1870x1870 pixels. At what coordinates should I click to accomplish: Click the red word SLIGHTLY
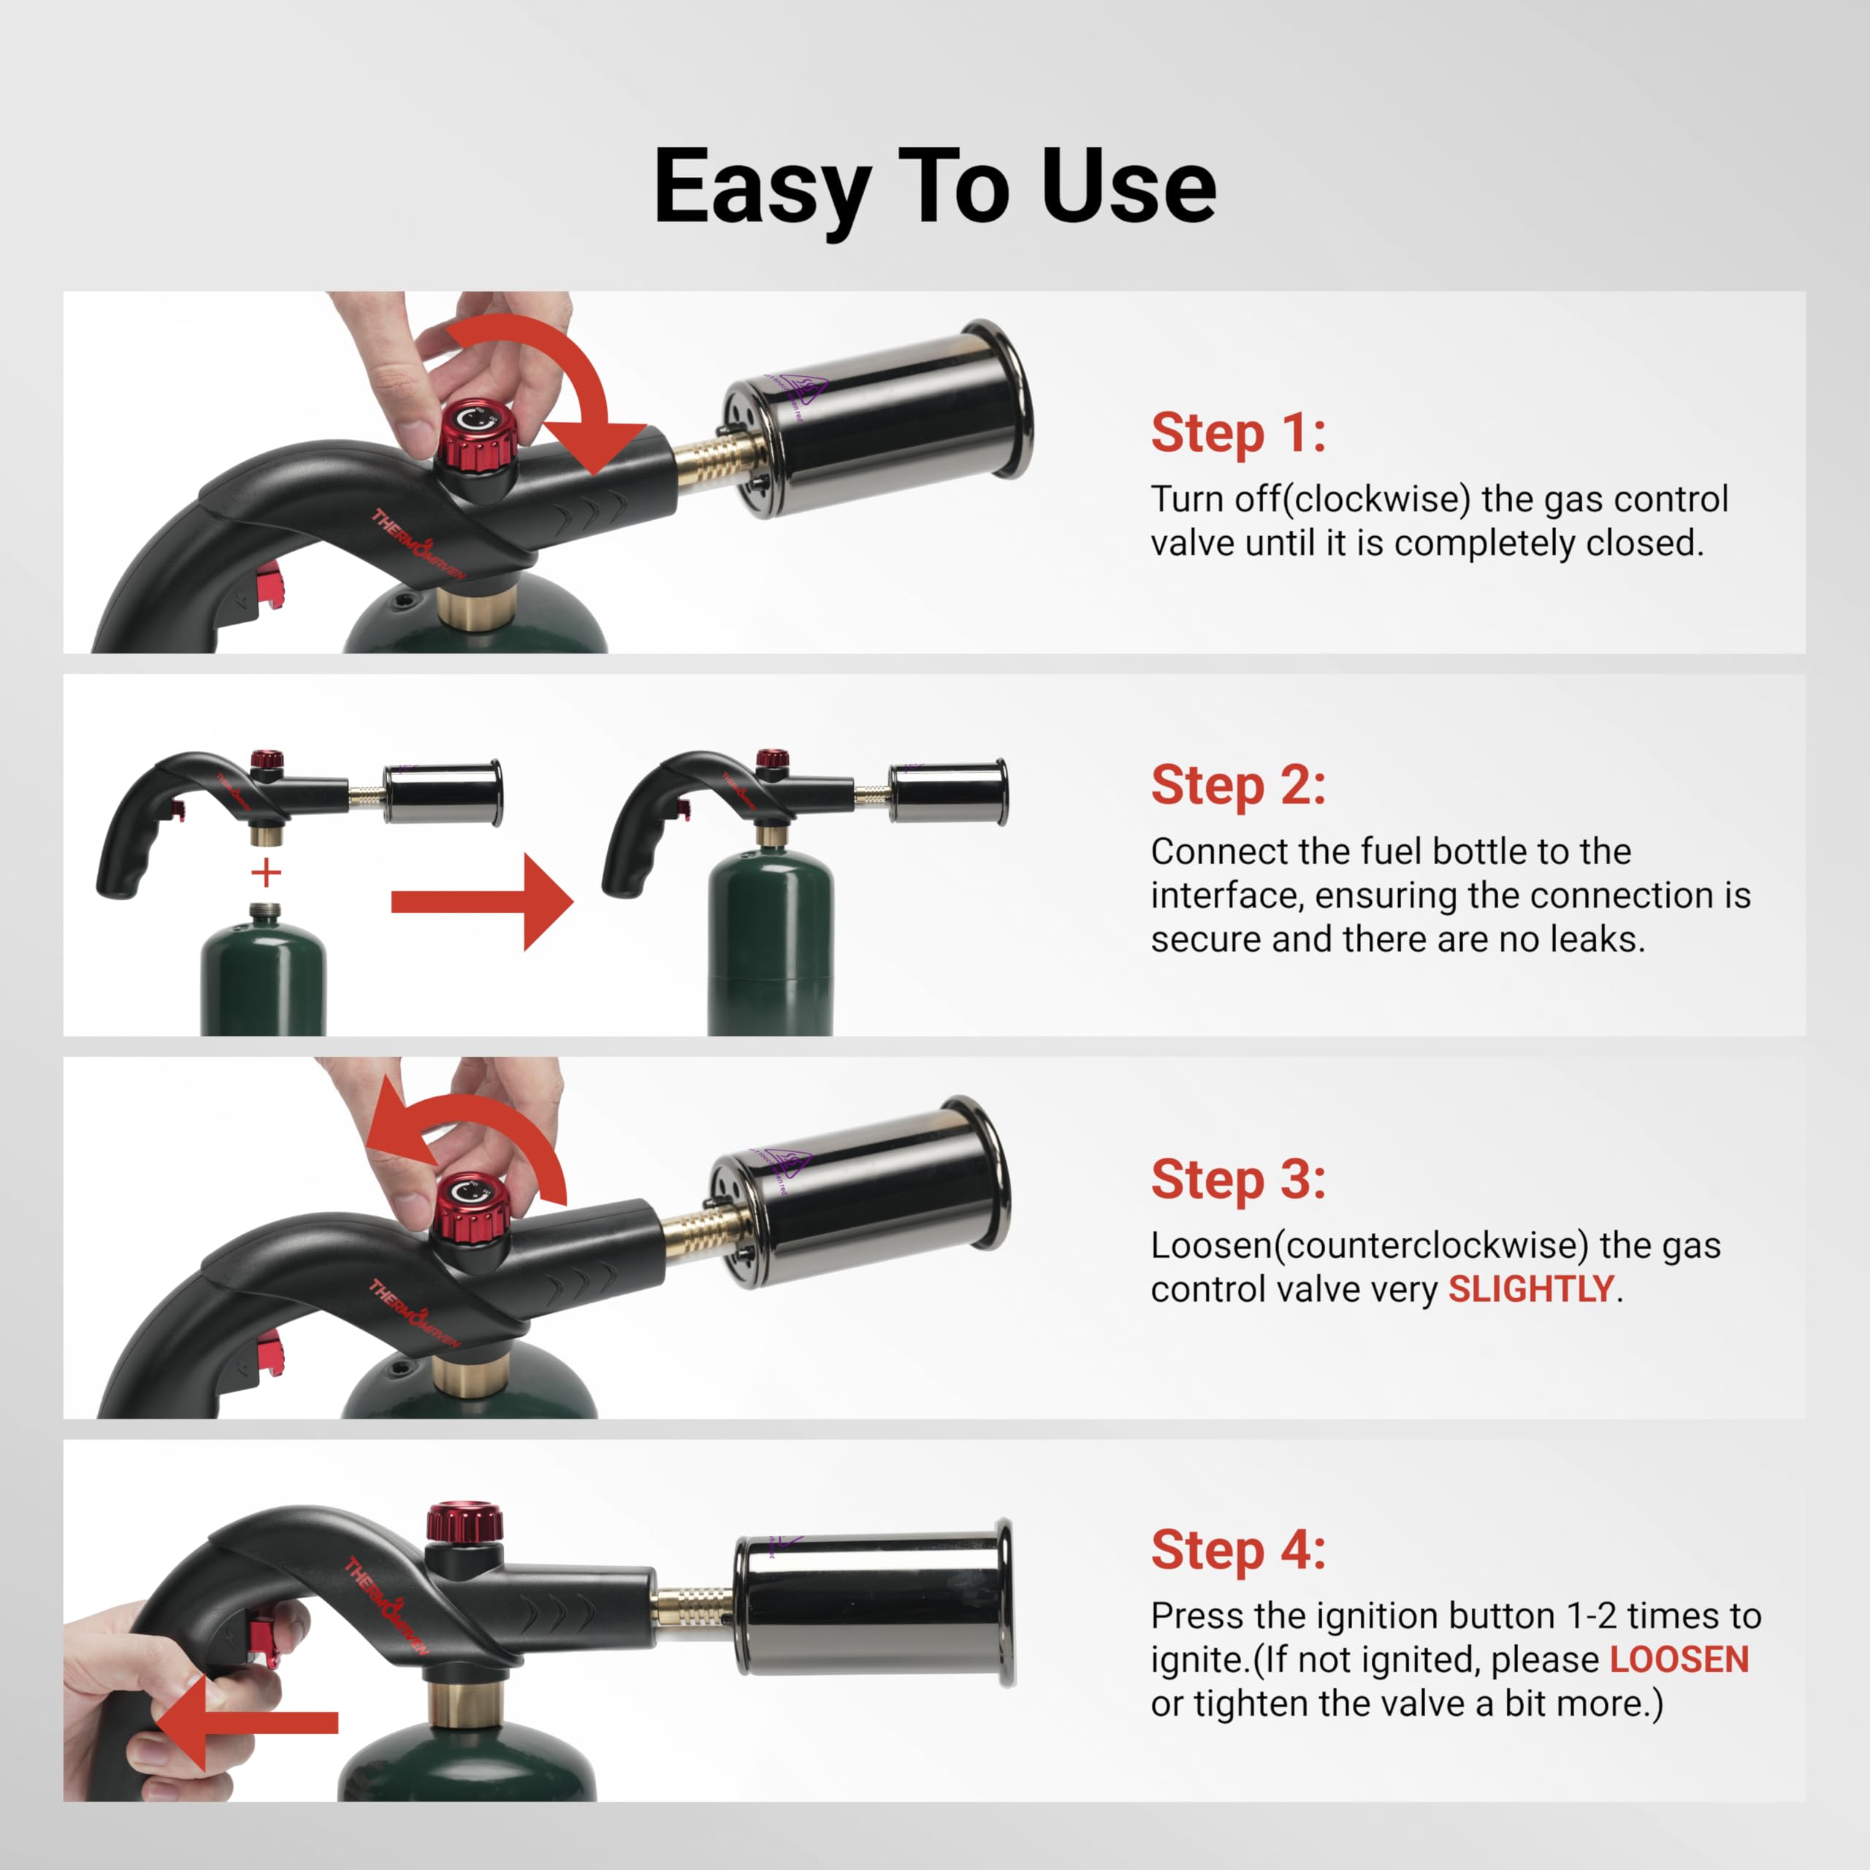tap(1530, 1289)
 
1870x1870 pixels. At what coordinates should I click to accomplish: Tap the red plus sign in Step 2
tap(266, 873)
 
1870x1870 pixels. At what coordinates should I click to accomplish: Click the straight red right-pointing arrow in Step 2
tap(481, 902)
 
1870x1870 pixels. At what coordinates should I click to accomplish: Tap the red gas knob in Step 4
tap(465, 1522)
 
